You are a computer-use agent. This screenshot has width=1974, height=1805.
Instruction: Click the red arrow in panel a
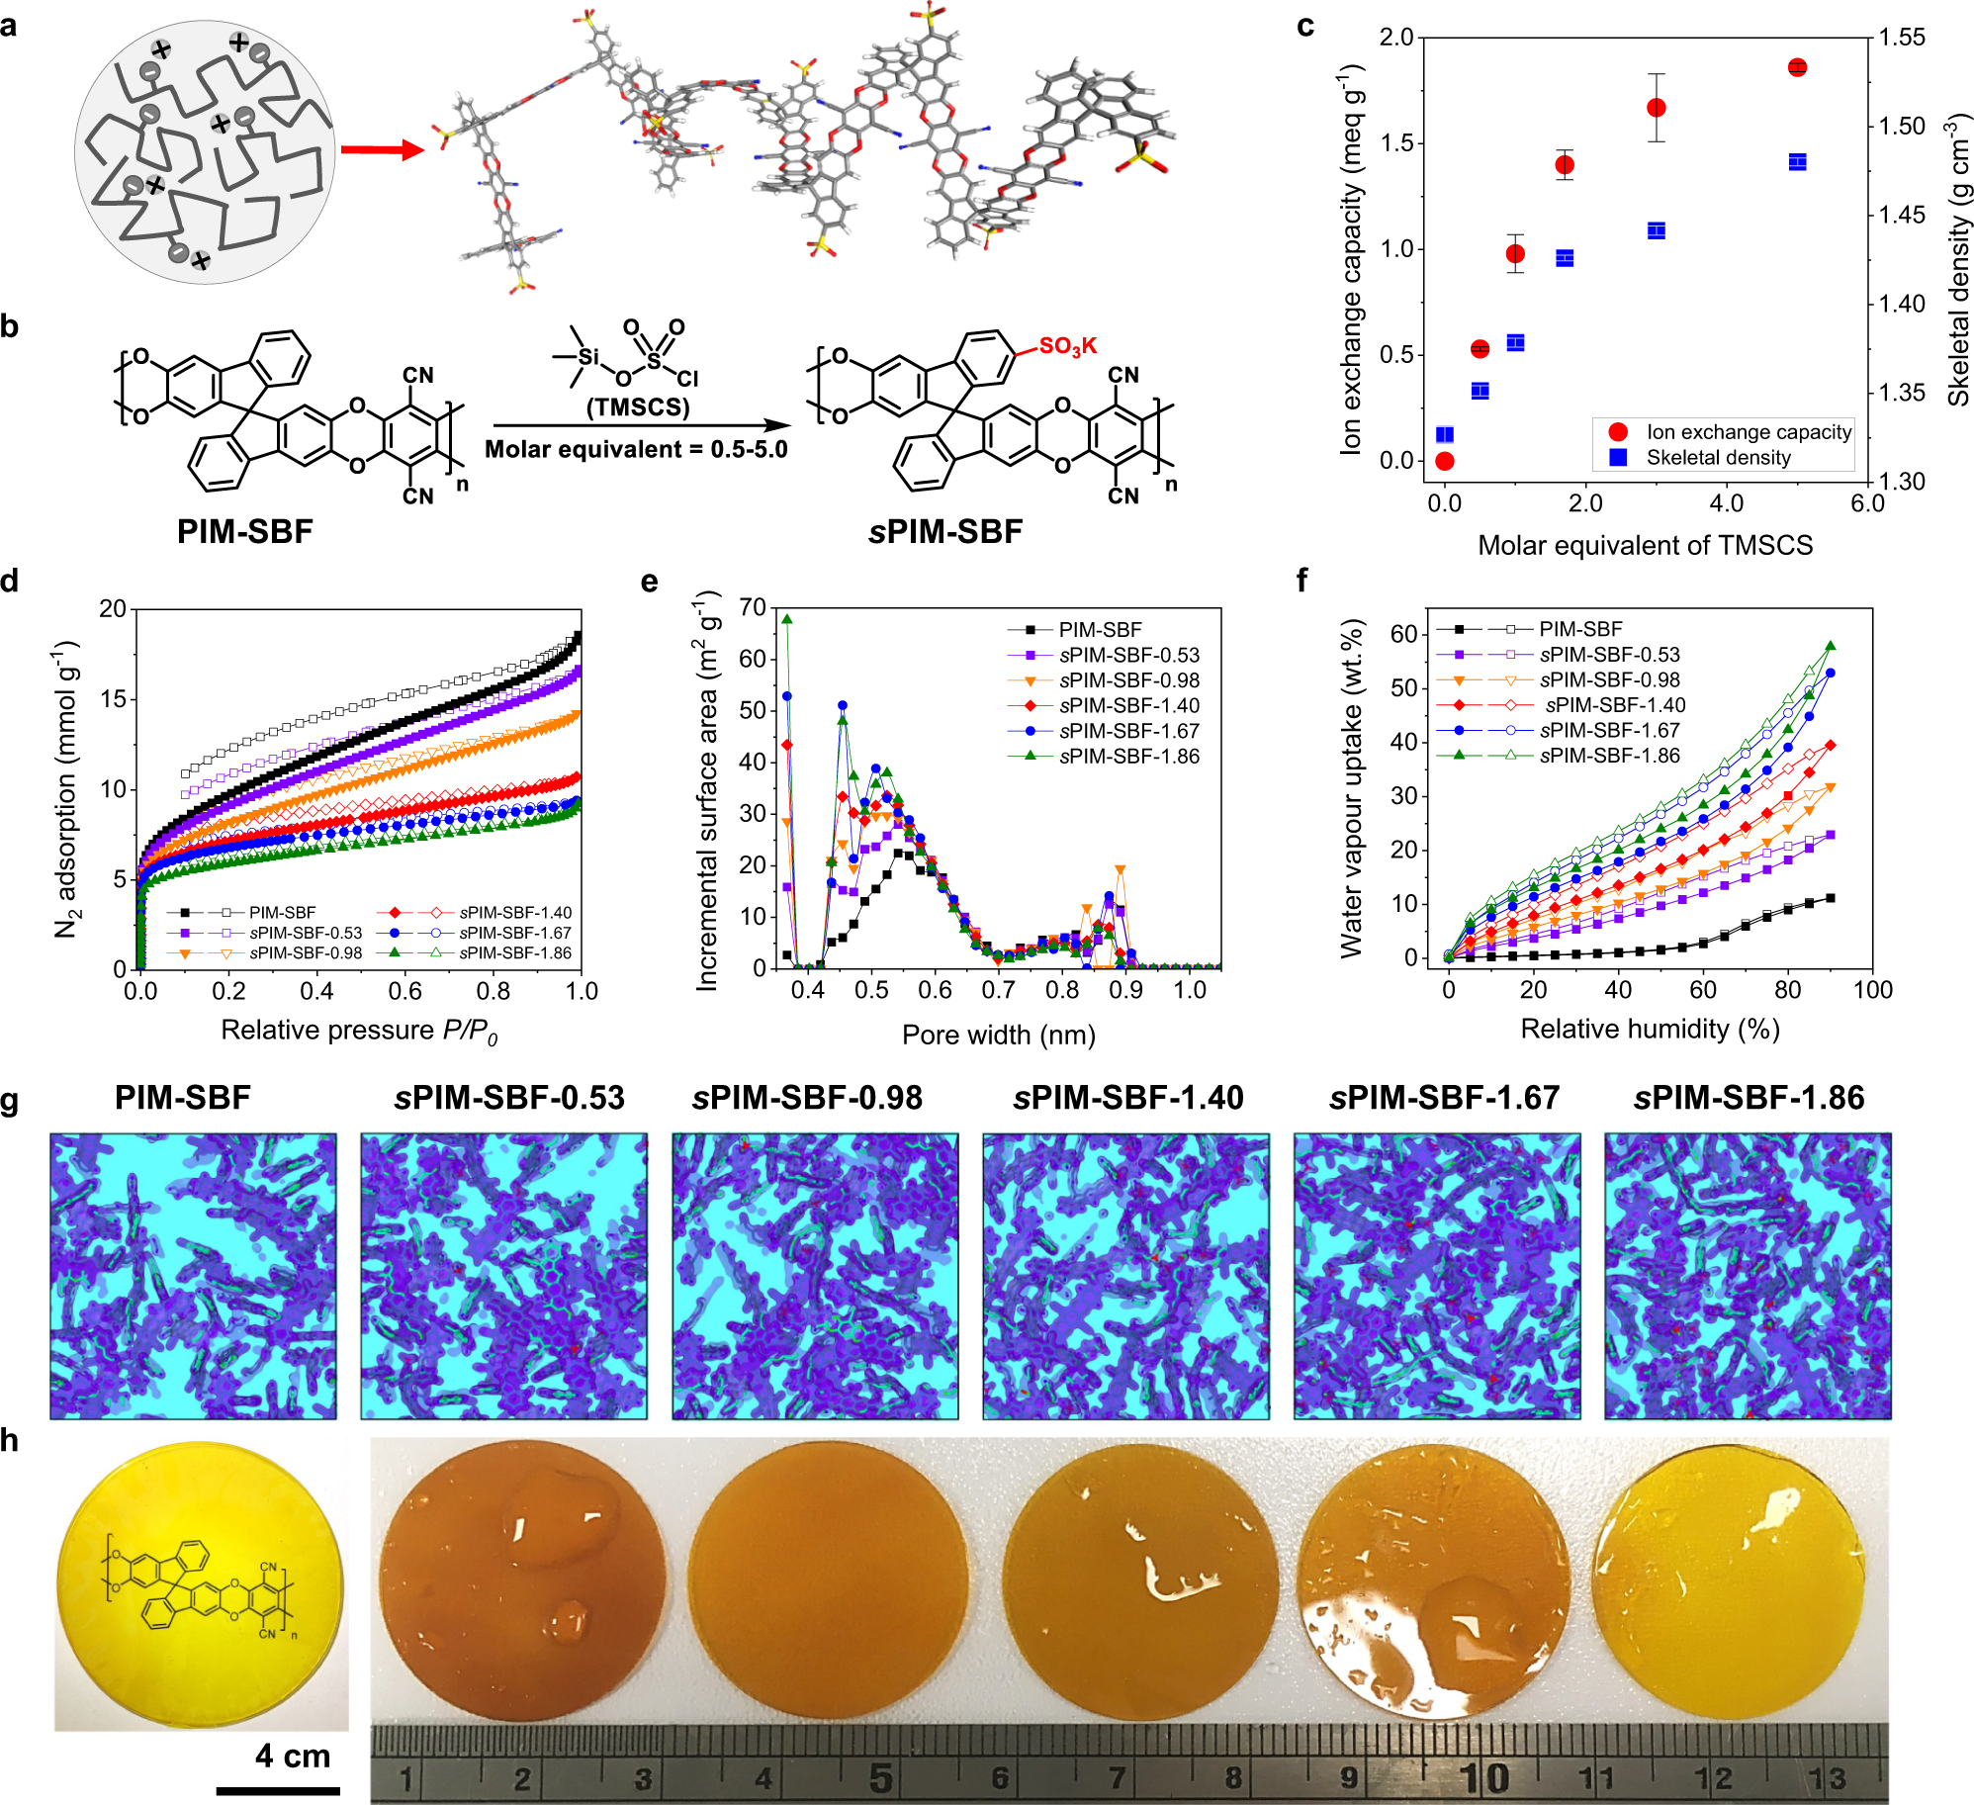[x=382, y=150]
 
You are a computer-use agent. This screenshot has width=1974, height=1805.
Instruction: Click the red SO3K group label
[x=1067, y=346]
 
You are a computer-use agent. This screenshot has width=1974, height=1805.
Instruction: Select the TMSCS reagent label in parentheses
[x=638, y=407]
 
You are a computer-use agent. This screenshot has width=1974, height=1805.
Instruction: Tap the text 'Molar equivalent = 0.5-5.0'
[x=636, y=450]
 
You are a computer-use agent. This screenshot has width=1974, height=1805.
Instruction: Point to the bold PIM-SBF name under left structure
[x=244, y=531]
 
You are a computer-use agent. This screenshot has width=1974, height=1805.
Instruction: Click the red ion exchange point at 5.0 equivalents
[x=1797, y=67]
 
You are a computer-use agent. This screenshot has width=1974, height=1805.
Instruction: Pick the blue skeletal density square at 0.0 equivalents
[x=1444, y=434]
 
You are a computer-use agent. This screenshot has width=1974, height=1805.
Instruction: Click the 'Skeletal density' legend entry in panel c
[x=1718, y=458]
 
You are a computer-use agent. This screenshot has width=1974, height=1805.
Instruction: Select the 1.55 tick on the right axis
[x=1902, y=38]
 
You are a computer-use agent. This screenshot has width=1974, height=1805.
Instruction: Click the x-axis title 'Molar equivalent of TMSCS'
[x=1645, y=545]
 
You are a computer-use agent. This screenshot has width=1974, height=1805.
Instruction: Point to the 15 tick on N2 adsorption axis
[x=113, y=699]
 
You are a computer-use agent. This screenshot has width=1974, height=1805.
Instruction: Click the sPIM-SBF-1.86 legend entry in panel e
[x=1128, y=756]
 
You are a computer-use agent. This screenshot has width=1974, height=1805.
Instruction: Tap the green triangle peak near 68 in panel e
[x=787, y=619]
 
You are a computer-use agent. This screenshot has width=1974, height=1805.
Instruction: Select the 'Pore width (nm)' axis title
[x=998, y=1035]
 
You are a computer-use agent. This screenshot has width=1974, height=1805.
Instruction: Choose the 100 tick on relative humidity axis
[x=1872, y=989]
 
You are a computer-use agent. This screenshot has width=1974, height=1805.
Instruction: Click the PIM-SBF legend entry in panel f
[x=1579, y=629]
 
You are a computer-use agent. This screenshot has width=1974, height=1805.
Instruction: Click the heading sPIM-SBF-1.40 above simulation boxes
[x=1127, y=1098]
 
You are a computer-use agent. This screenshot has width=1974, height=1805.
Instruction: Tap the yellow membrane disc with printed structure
[x=201, y=1585]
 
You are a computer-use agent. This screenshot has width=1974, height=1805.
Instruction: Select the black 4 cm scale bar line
[x=278, y=1791]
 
